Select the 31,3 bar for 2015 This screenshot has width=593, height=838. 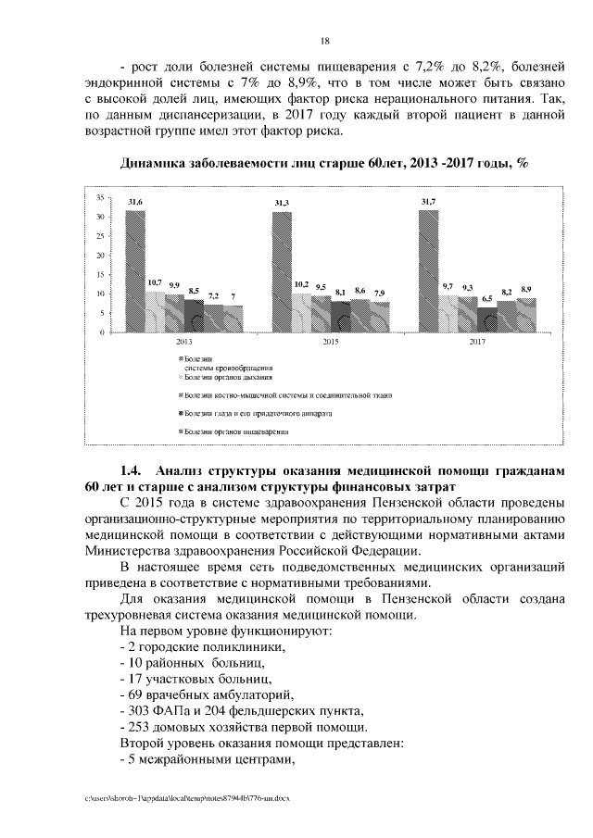point(282,271)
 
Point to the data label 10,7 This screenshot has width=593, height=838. point(155,282)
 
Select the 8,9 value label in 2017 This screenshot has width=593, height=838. point(526,291)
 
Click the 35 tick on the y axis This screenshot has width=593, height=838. point(99,198)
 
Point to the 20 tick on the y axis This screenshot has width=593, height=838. point(99,256)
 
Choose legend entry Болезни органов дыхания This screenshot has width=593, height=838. point(220,377)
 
